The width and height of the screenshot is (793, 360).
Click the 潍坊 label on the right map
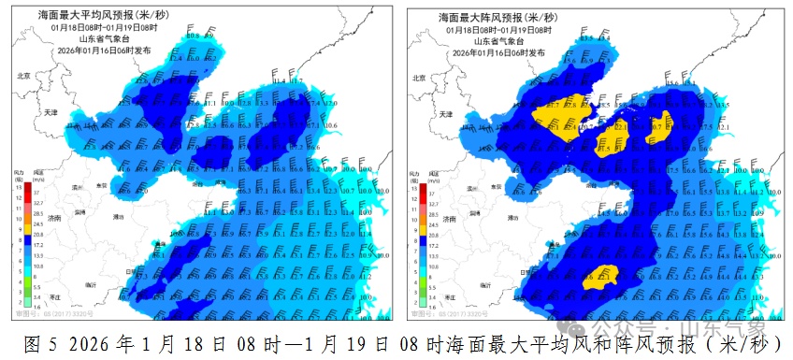point(511,217)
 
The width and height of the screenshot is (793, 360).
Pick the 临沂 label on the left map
point(91,283)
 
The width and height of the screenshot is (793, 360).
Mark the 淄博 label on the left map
point(79,212)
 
